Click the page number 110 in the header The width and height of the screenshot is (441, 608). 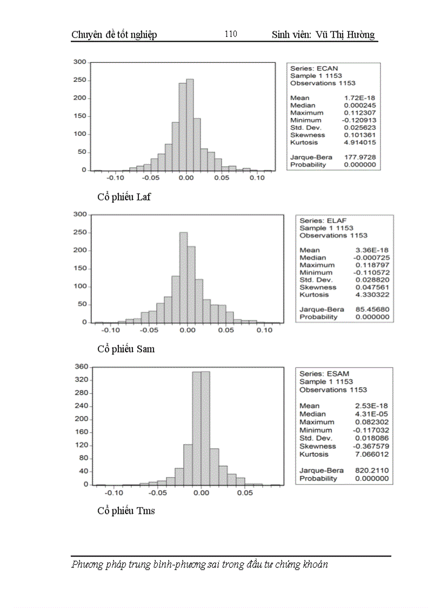click(x=230, y=34)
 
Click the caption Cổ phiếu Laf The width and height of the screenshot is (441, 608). click(x=124, y=197)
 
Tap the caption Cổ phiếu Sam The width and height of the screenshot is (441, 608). click(x=126, y=349)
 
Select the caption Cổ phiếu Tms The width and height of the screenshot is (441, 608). click(x=126, y=511)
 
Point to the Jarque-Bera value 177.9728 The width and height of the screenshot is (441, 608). click(x=360, y=158)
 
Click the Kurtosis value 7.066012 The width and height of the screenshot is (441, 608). click(x=372, y=454)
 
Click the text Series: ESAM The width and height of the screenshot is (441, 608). click(x=324, y=374)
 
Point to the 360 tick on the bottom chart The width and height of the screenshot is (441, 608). click(x=81, y=367)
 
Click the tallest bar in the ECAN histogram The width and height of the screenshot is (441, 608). click(x=190, y=125)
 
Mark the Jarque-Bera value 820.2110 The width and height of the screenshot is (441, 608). click(x=372, y=470)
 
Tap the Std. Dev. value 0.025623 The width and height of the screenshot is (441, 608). click(x=360, y=128)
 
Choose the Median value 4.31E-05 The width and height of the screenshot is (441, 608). click(x=372, y=414)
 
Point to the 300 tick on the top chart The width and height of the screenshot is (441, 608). click(x=80, y=62)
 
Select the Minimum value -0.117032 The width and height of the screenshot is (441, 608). click(x=371, y=430)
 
